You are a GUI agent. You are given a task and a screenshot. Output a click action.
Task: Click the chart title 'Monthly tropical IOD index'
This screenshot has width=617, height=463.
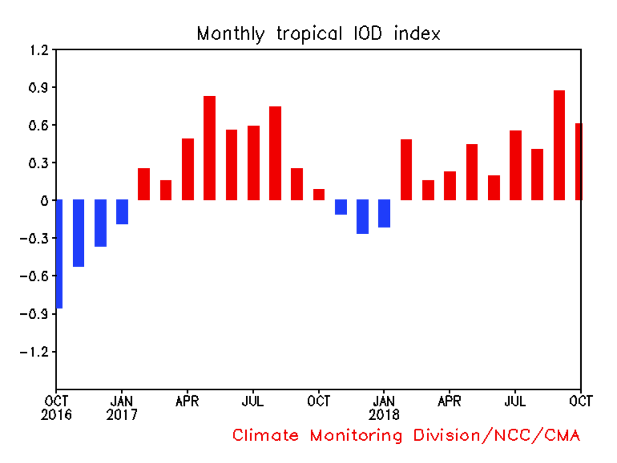click(318, 34)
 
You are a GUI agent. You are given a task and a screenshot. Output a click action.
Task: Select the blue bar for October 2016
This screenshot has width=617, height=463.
click(59, 254)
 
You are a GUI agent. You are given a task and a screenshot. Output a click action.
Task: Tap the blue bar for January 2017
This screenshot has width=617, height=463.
click(122, 212)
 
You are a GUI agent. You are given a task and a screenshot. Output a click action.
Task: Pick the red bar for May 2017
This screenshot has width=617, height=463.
click(209, 148)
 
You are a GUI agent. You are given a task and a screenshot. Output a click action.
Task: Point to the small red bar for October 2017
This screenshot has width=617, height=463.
click(319, 195)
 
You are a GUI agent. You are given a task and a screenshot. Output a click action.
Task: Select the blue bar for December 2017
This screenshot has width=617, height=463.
click(363, 217)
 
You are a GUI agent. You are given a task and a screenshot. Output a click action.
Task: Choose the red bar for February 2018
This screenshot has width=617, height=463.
click(406, 169)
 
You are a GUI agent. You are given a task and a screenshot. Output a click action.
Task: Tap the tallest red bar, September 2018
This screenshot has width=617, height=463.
click(559, 145)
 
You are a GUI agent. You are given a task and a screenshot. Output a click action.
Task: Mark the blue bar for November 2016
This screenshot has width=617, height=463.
click(79, 233)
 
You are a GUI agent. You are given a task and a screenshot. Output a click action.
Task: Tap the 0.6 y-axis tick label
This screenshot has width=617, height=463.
click(38, 125)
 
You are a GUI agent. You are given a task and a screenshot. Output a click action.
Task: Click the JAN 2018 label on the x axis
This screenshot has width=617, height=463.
click(384, 407)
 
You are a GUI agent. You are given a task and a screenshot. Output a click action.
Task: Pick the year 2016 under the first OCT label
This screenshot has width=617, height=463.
click(56, 414)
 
